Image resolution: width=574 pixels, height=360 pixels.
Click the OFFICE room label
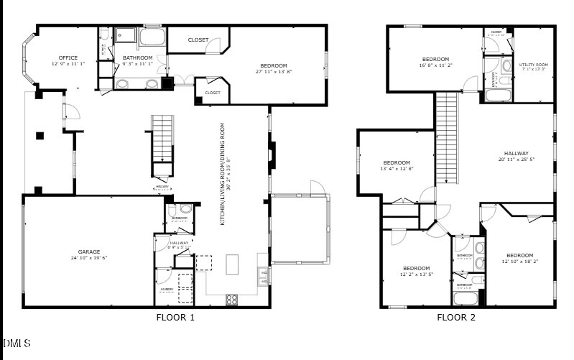point(68,58)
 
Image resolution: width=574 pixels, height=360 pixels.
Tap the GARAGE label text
point(89,251)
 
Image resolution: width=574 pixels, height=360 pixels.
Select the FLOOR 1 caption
point(175,317)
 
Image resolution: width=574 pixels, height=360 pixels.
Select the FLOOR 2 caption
point(456,317)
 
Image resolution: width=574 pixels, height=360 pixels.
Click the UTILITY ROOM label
point(533,65)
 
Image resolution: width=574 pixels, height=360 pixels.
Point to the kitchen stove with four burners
point(233,299)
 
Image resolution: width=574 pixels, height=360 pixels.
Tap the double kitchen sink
point(264,276)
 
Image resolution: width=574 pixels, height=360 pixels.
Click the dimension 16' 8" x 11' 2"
point(435,65)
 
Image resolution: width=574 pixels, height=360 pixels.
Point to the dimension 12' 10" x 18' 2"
point(519,262)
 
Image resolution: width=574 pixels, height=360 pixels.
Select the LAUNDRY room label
point(167,290)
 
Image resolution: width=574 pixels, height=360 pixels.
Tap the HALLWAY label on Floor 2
point(516,153)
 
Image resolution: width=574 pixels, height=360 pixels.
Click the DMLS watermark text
point(17,343)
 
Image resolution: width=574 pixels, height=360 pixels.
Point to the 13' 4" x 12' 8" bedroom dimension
point(397,169)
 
